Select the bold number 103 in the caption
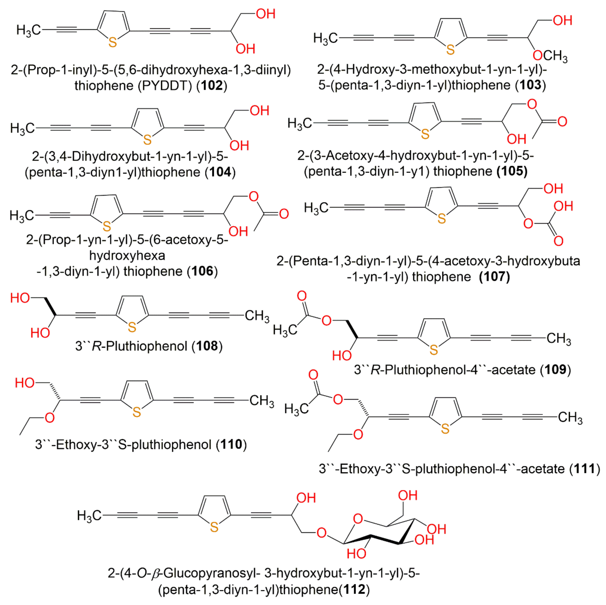pos(531,85)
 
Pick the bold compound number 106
pos(202,271)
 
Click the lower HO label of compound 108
pos(40,333)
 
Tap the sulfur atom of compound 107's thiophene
pos(441,219)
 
